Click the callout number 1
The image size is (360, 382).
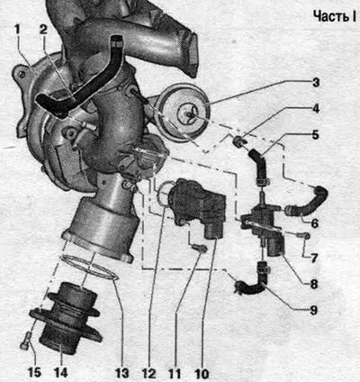tap(17, 30)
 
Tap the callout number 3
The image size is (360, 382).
tap(316, 82)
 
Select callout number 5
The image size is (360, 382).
tap(315, 135)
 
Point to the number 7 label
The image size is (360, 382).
tap(314, 258)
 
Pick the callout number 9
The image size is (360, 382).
tap(313, 310)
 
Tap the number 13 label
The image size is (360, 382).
tap(121, 373)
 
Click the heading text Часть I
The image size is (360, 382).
tap(334, 15)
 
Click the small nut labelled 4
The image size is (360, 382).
tap(238, 141)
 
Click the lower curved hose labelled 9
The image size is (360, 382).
tap(252, 278)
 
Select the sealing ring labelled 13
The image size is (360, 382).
tap(89, 269)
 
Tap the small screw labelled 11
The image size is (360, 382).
tap(199, 248)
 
